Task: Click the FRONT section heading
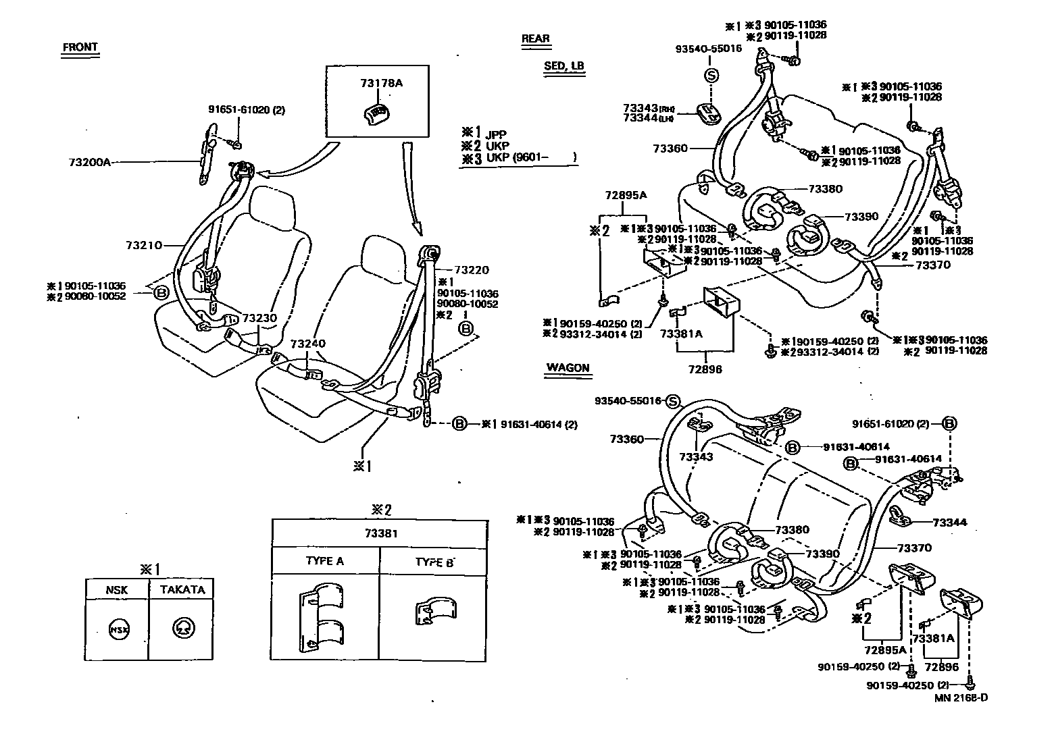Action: point(80,48)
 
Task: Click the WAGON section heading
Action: point(568,369)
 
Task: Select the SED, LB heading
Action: point(563,66)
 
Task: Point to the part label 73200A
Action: point(89,163)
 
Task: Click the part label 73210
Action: point(143,245)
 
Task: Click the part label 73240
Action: point(308,344)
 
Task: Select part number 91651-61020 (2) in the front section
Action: point(246,110)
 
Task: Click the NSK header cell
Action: point(116,589)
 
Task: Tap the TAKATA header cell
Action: point(182,589)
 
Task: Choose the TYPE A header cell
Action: point(324,561)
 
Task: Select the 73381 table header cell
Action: point(378,533)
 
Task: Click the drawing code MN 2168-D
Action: point(961,698)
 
